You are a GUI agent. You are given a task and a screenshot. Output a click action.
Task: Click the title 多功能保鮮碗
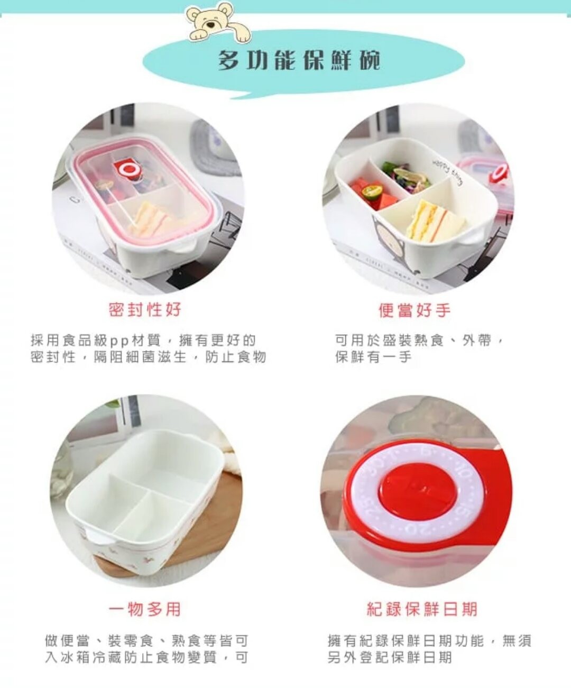(x=299, y=61)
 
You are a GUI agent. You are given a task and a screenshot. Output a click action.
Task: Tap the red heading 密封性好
(x=145, y=310)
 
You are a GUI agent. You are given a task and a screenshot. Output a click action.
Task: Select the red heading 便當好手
(x=415, y=310)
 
